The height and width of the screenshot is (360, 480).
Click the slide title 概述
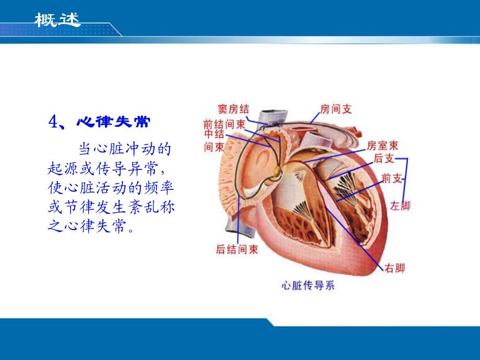click(57, 20)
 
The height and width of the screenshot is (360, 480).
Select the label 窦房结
click(233, 109)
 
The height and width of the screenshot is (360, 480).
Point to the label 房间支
click(335, 109)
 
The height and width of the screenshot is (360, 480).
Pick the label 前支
click(391, 179)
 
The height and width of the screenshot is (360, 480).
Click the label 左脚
click(400, 206)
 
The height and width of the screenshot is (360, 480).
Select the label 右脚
click(395, 268)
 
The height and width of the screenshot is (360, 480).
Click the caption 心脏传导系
click(308, 285)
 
